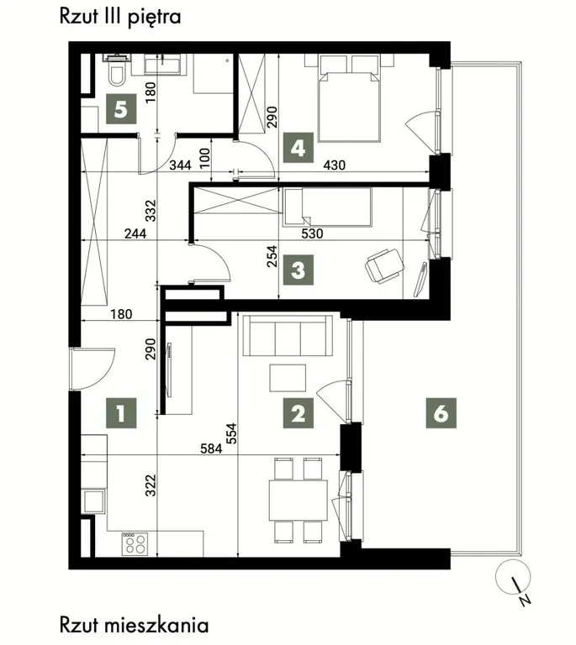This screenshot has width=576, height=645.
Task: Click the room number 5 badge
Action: pyautogui.click(x=121, y=109)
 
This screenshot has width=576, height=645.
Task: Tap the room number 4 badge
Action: pyautogui.click(x=299, y=147)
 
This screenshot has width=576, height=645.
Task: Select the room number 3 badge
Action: pyautogui.click(x=299, y=270)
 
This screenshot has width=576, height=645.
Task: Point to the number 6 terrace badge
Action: pyautogui.click(x=441, y=413)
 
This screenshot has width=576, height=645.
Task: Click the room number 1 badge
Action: pyautogui.click(x=121, y=413)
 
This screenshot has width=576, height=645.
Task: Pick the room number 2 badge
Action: pyautogui.click(x=299, y=413)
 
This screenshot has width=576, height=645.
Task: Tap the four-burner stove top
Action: pyautogui.click(x=135, y=544)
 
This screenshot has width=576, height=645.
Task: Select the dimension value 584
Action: pyautogui.click(x=211, y=448)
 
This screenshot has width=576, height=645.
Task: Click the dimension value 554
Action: pyautogui.click(x=232, y=433)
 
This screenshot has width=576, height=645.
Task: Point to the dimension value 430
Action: pyautogui.click(x=335, y=165)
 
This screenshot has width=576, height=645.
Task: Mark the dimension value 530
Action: pyautogui.click(x=312, y=233)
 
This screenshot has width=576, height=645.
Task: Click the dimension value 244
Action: pyautogui.click(x=135, y=233)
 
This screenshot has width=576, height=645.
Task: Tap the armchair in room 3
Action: pyautogui.click(x=384, y=265)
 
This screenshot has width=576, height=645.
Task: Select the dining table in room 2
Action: pyautogui.click(x=298, y=500)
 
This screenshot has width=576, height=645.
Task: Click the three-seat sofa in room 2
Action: pyautogui.click(x=288, y=335)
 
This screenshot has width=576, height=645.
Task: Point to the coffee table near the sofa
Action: pyautogui.click(x=288, y=378)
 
